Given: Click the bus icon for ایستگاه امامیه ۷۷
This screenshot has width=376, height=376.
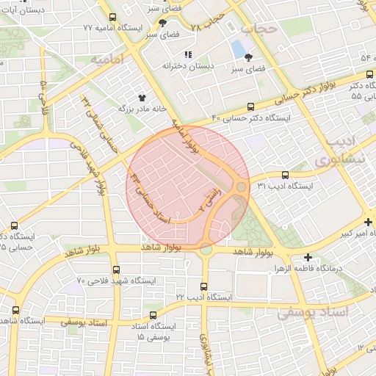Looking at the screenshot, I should (x=112, y=17).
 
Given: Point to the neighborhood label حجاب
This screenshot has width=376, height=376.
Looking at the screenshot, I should (x=258, y=29).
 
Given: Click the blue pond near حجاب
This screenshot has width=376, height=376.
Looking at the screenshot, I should (x=239, y=49).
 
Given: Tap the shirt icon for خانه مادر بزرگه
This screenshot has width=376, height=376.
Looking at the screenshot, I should (x=142, y=96).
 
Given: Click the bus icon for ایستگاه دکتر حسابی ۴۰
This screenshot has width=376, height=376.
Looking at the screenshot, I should (x=251, y=106).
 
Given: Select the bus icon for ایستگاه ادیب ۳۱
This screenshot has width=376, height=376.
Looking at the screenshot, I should (x=285, y=175).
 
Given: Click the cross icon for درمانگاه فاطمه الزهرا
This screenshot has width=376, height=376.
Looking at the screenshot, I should (x=308, y=257).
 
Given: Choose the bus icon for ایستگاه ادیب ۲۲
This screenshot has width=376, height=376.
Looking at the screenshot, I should (x=203, y=286).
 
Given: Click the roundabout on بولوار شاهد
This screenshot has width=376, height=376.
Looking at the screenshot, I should (x=206, y=249).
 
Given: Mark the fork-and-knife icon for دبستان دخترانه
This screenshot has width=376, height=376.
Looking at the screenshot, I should (x=188, y=54).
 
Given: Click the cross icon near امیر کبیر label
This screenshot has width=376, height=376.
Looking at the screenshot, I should (x=368, y=222).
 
